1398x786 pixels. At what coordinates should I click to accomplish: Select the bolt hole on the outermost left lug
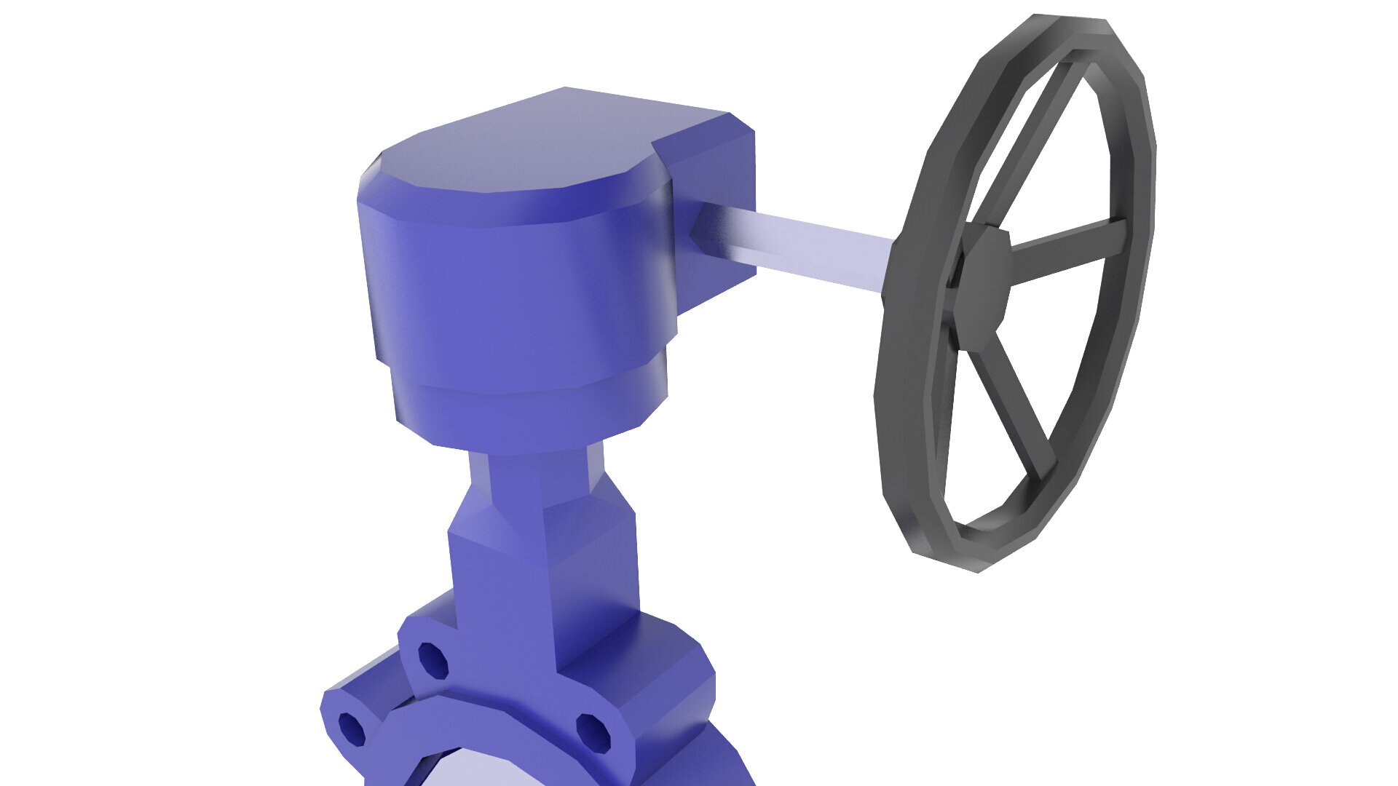click(x=352, y=728)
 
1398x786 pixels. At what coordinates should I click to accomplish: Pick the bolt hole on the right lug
click(x=593, y=731)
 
